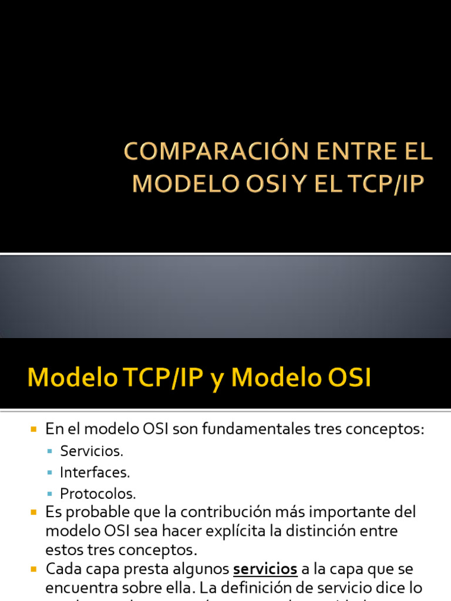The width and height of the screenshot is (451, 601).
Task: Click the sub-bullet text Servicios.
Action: tap(92, 451)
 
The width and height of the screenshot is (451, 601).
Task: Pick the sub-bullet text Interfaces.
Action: tap(95, 472)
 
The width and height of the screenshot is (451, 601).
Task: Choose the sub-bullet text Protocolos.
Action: tap(98, 494)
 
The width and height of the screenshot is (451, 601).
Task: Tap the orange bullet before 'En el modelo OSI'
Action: tap(33, 430)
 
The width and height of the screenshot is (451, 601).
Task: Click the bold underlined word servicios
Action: tap(265, 569)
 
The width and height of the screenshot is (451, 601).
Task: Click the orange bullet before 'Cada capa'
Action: tap(33, 569)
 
